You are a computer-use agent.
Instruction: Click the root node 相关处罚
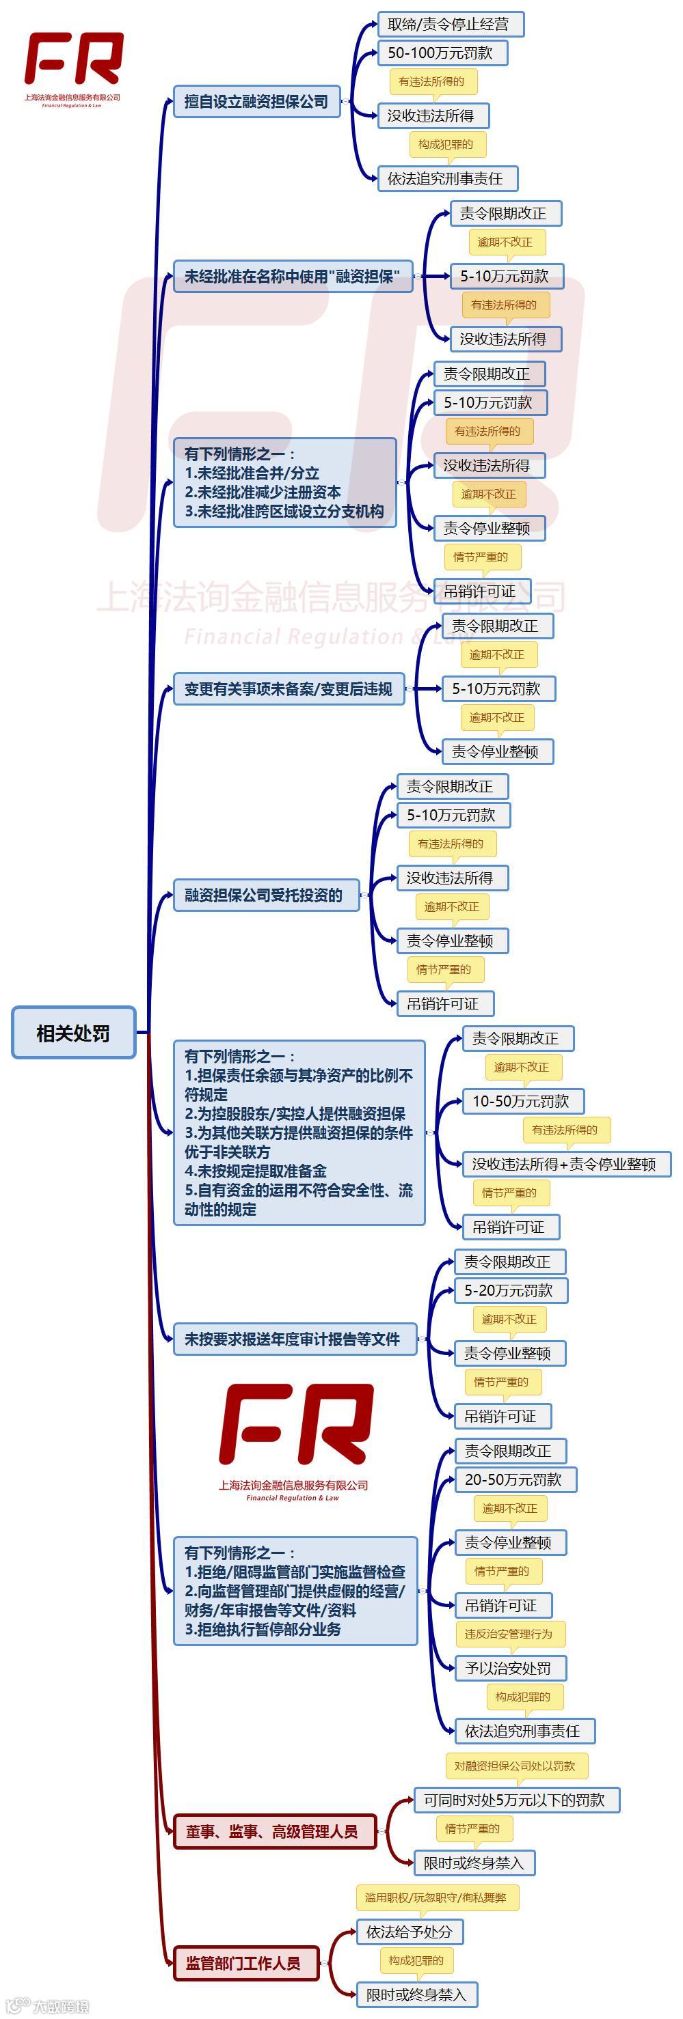[x=73, y=1032]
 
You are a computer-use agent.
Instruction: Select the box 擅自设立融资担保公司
[x=256, y=101]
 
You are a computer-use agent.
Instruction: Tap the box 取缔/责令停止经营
[x=449, y=25]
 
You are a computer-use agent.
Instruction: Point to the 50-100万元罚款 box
[x=442, y=53]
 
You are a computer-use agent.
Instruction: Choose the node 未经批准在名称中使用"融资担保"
[x=293, y=276]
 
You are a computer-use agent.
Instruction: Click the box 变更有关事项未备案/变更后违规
[x=288, y=688]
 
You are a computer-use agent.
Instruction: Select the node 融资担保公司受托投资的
[x=265, y=894]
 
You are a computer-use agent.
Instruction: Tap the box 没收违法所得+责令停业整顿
[x=565, y=1163]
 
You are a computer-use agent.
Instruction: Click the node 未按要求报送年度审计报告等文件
[x=293, y=1339]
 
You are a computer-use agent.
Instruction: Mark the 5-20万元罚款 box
[x=510, y=1290]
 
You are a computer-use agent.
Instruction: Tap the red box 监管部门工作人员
[x=245, y=1962]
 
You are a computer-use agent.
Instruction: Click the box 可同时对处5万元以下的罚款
[x=516, y=1800]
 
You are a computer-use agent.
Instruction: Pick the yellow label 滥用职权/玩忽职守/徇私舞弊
[x=436, y=1897]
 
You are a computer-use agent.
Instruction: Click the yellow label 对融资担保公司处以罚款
[x=516, y=1765]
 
